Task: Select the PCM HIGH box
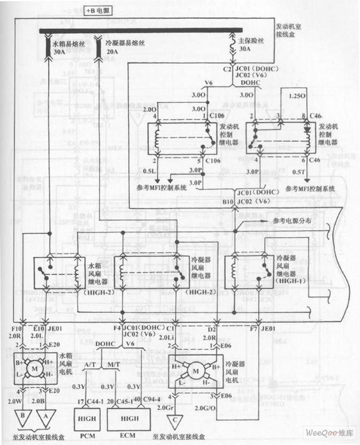click(88, 417)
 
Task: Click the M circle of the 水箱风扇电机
click(35, 370)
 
